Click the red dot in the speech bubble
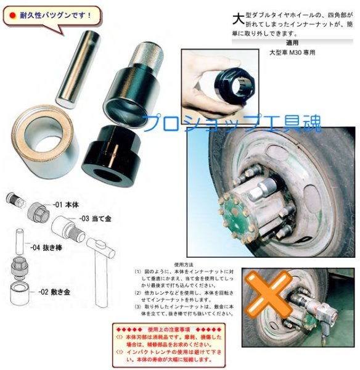[x=12, y=13]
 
